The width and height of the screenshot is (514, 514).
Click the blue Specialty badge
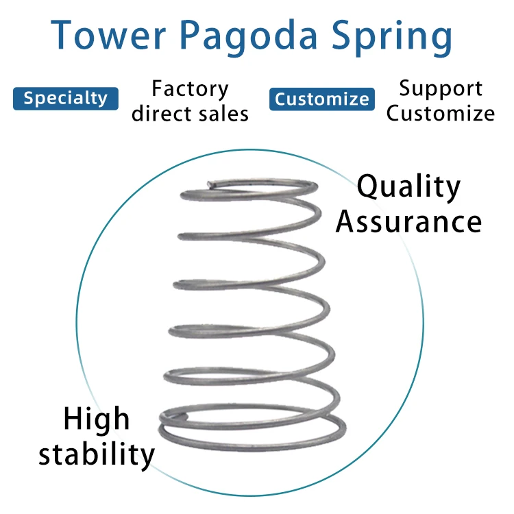(x=66, y=99)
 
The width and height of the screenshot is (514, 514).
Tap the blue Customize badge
(x=322, y=99)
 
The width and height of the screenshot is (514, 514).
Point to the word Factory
(x=190, y=90)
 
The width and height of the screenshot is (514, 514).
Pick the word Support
(x=441, y=89)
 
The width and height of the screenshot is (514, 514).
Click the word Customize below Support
(x=440, y=113)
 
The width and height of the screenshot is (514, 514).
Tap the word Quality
(x=409, y=188)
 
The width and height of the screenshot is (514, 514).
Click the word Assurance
(x=408, y=222)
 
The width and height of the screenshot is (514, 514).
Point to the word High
(x=96, y=419)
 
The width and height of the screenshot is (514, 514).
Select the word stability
(x=97, y=454)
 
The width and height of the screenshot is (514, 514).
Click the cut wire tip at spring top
(x=210, y=183)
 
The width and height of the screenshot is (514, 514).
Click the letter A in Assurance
(x=347, y=221)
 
